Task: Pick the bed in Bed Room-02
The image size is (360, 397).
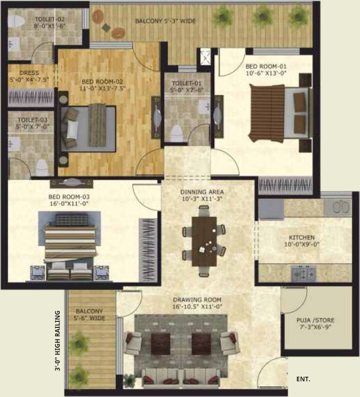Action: [90, 123]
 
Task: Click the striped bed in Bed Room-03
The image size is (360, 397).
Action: [70, 240]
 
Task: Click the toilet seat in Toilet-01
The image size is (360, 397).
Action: [178, 130]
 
